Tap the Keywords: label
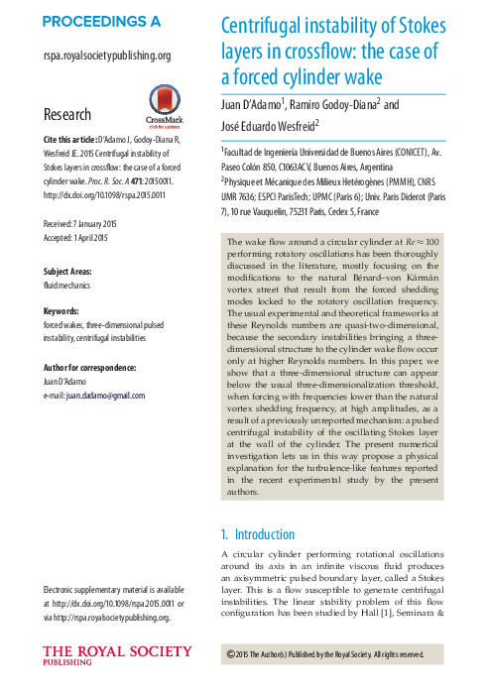point(61,310)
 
